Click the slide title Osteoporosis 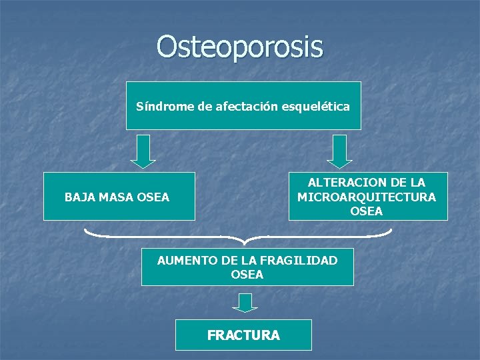(x=240, y=47)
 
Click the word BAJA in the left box (x=79, y=197)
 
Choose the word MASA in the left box (x=115, y=197)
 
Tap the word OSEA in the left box (x=153, y=197)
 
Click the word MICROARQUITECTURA (x=367, y=197)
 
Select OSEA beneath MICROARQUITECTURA (x=367, y=211)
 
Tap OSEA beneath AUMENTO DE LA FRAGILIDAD (x=247, y=274)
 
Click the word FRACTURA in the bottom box (x=243, y=335)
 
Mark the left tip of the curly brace (x=86, y=230)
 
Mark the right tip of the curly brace (x=391, y=230)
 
